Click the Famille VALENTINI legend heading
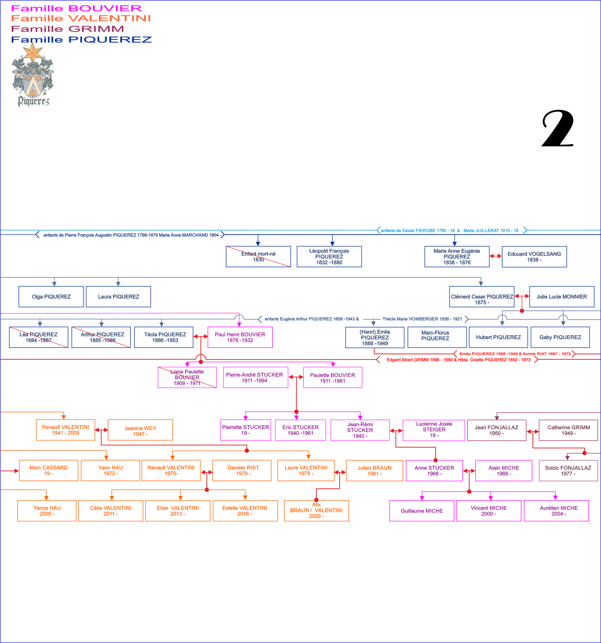[81, 18]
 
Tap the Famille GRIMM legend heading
[67, 29]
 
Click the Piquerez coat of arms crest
[33, 76]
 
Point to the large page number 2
[558, 129]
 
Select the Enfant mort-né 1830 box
[258, 256]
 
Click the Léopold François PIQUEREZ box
[329, 256]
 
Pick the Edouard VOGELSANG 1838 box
[534, 256]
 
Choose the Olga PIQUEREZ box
[51, 297]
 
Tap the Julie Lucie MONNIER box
[562, 297]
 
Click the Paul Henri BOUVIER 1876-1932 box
[240, 337]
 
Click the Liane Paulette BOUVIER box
[187, 377]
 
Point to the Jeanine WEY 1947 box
[140, 430]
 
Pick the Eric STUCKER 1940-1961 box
[300, 430]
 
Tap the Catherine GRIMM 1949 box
[568, 430]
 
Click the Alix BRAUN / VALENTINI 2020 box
[316, 510]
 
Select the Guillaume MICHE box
[422, 511]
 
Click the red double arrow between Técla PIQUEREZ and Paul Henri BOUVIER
[200, 337]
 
